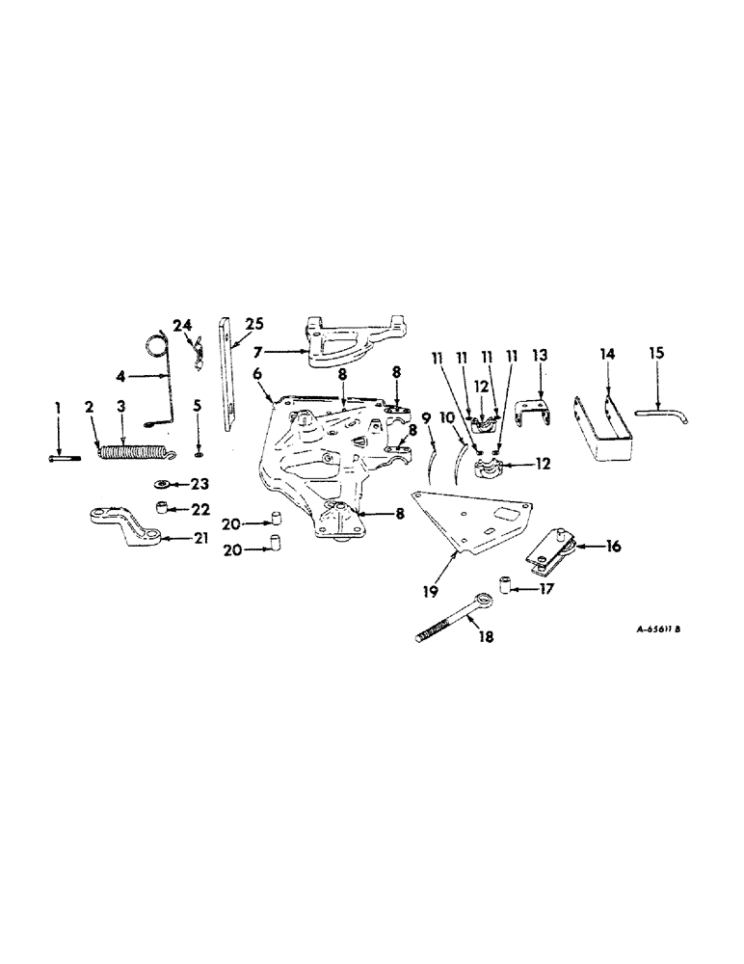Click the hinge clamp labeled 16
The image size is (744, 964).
click(551, 549)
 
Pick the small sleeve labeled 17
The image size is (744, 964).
click(504, 584)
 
